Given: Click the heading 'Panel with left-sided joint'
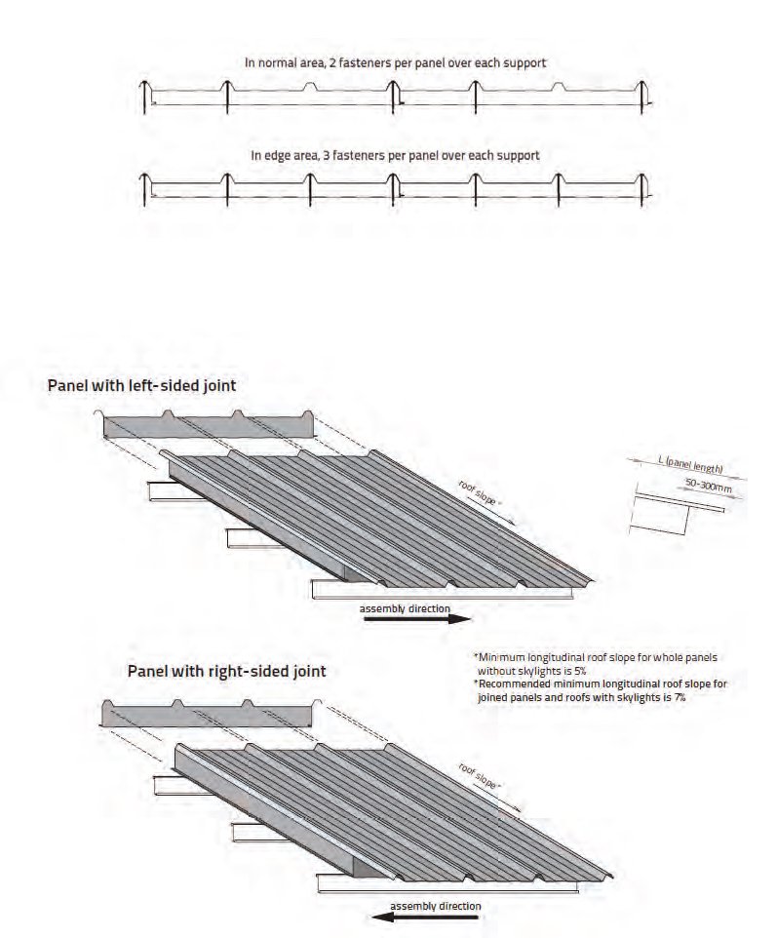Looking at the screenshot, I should pyautogui.click(x=141, y=385).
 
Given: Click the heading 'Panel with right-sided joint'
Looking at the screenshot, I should pyautogui.click(x=226, y=671).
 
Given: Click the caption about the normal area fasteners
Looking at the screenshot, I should pyautogui.click(x=395, y=61).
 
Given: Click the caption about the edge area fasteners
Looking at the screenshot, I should pyautogui.click(x=395, y=154).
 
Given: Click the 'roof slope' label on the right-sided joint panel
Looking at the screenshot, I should pyautogui.click(x=480, y=778).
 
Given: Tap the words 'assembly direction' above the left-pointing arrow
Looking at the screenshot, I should pyautogui.click(x=435, y=906).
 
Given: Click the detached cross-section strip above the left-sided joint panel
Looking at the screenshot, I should pyautogui.click(x=210, y=426).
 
